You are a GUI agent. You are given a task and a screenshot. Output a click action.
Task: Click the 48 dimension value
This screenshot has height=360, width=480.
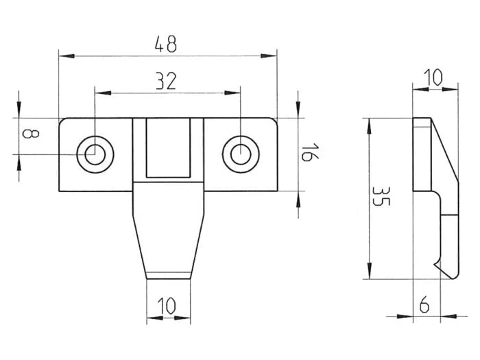[166, 44]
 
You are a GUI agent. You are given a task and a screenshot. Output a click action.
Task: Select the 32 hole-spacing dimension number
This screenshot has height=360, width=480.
[166, 81]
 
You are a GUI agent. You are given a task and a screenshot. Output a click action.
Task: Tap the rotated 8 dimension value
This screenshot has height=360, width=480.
[31, 134]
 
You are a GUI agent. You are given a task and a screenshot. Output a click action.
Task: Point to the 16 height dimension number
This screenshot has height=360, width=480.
[310, 152]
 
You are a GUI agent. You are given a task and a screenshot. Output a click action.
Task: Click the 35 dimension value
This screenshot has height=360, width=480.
[381, 196]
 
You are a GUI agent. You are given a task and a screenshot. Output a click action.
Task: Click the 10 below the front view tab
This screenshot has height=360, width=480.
[167, 306]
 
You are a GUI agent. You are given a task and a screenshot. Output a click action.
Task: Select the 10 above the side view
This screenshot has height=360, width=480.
[433, 77]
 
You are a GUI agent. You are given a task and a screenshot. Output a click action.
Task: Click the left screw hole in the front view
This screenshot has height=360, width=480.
[95, 154]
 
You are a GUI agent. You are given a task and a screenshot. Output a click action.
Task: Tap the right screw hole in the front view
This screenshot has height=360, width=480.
[241, 154]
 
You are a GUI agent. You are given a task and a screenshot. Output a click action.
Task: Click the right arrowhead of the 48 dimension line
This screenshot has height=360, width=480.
[269, 56]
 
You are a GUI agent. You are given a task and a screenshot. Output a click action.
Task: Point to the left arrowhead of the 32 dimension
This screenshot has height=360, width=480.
[103, 93]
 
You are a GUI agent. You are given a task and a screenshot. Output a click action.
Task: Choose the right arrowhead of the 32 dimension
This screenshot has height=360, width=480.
[232, 93]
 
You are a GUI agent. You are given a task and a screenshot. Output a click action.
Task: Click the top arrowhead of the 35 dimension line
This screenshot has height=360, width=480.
[370, 125]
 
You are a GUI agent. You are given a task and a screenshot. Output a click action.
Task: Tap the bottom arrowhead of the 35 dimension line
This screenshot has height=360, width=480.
[370, 271]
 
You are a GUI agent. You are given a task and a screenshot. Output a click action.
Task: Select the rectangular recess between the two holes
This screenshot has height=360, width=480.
[168, 148]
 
